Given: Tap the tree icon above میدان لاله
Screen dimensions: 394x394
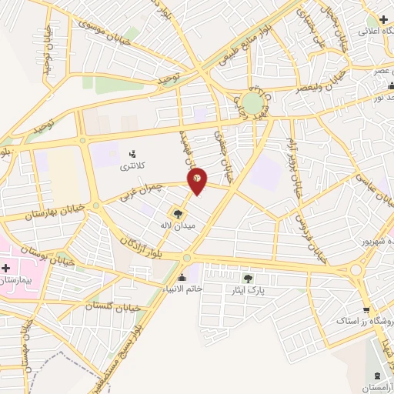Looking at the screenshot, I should click(x=179, y=213).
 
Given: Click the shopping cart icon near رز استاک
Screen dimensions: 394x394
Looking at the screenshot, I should click(x=356, y=309).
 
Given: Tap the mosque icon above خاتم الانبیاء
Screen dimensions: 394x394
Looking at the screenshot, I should click(x=182, y=278).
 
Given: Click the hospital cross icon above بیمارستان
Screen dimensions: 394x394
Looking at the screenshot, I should click(x=7, y=268).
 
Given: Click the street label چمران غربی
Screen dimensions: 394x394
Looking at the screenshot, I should click(x=142, y=191).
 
